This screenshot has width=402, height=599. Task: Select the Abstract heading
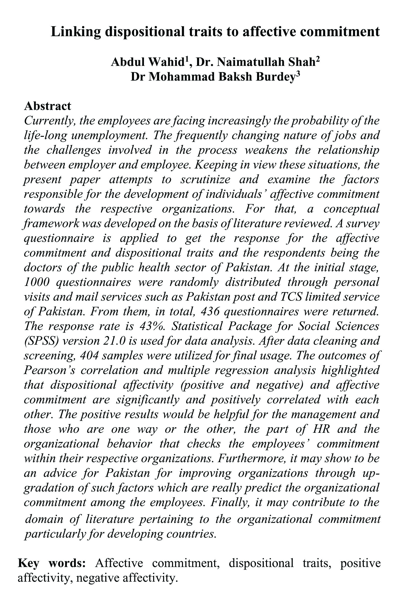(x=47, y=106)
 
